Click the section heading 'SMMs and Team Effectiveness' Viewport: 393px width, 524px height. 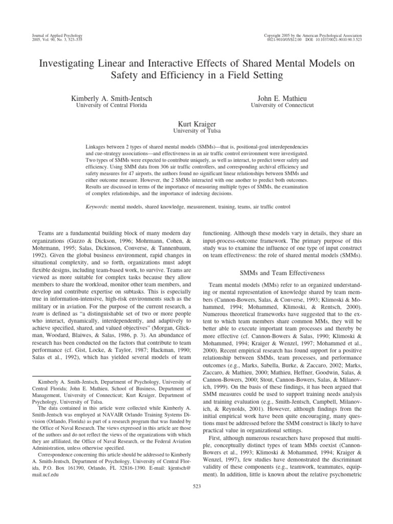click(282, 259)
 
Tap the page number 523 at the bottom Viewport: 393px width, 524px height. click(196, 499)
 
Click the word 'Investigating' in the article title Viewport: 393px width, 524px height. click(65, 63)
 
